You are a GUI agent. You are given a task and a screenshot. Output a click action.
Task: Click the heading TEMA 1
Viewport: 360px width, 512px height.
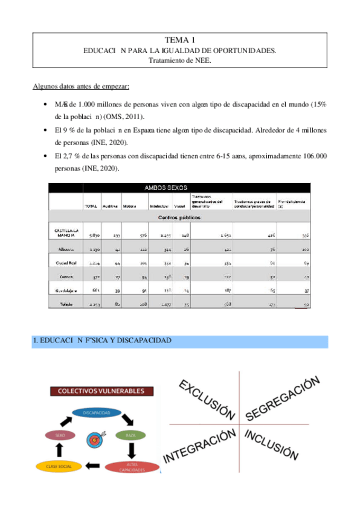tap(179, 40)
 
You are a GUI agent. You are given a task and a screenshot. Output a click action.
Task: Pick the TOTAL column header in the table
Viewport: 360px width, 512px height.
tap(91, 206)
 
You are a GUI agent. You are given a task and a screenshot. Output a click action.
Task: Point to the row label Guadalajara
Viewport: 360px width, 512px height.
tap(65, 290)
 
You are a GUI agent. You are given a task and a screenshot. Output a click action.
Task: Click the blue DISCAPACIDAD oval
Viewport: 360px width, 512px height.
tap(97, 412)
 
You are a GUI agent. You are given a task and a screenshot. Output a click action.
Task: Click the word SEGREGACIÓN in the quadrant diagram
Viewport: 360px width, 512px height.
tap(282, 398)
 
